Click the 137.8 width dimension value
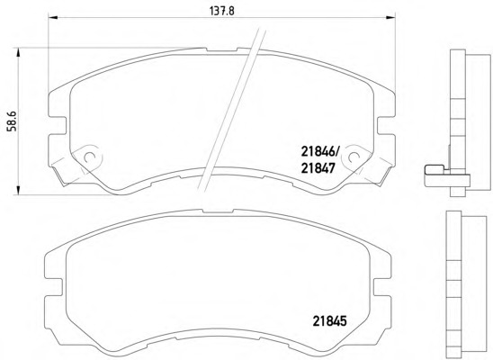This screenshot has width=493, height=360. pyautogui.click(x=222, y=11)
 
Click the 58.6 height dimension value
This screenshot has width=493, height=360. pyautogui.click(x=13, y=121)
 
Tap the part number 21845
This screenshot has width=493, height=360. pyautogui.click(x=329, y=321)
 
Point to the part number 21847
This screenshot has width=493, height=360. pyautogui.click(x=318, y=168)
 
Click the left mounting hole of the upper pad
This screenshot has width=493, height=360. pyautogui.click(x=90, y=157)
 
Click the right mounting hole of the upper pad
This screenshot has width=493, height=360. pyautogui.click(x=354, y=157)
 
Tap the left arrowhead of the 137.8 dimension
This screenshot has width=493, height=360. pyautogui.click(x=52, y=17)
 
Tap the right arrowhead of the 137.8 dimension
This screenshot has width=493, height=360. pyautogui.click(x=390, y=17)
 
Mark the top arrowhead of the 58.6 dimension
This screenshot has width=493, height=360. pyautogui.click(x=18, y=52)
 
